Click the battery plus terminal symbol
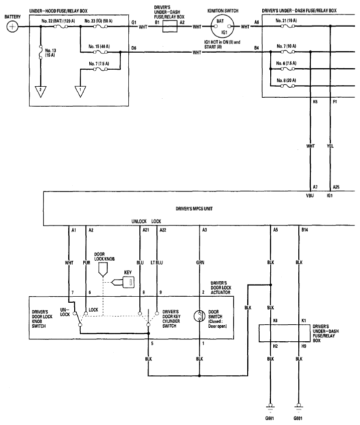pos(12,27)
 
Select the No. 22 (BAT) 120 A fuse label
pos(58,21)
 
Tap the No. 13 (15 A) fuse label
pos(50,53)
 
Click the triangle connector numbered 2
pos(41,91)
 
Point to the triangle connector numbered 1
pos(80,91)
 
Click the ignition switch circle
pos(223,27)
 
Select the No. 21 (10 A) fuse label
pos(286,21)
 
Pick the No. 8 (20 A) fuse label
pos(286,80)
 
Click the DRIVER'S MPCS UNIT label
pos(194,208)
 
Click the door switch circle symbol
pos(200,316)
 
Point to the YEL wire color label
pos(330,146)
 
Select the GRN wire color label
pos(200,263)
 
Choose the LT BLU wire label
pos(157,263)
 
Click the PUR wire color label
pos(86,263)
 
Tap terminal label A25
pos(336,187)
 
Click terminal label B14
pos(305,230)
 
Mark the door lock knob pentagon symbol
pos(103,270)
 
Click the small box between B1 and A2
pos(170,27)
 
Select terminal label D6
pos(134,48)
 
